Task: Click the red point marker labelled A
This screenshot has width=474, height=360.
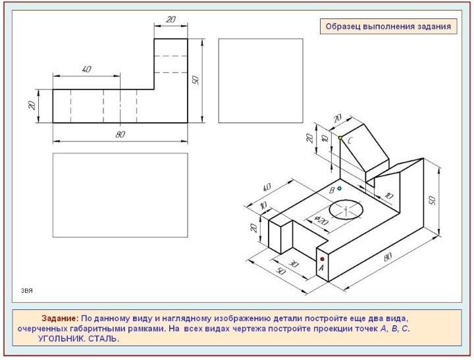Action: coord(322,259)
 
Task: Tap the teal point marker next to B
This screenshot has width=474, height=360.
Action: coord(340,188)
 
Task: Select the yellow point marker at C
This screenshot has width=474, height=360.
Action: coord(340,138)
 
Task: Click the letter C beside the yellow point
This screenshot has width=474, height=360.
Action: coord(350,141)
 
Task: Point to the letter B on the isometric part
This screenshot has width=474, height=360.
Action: coord(332,190)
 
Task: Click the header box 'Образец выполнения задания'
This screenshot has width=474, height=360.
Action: coord(388,26)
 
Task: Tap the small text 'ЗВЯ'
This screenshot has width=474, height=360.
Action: coord(26,291)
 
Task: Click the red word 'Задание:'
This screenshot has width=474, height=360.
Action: coord(60,319)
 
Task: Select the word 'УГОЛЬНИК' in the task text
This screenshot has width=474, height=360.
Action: coord(62,338)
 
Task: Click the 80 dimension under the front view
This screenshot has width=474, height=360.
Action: coord(120,134)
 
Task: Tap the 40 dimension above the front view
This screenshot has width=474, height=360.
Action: coord(86,69)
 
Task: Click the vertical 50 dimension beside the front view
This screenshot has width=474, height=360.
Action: coord(196,80)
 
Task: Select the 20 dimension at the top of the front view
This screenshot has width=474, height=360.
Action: coord(171,19)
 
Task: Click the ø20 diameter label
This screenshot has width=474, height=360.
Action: coord(321,220)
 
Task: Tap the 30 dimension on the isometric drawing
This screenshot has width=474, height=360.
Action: coord(294,263)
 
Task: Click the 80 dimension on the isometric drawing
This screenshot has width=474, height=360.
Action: coord(388,257)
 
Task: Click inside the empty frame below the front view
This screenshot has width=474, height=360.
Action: coord(120,195)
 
